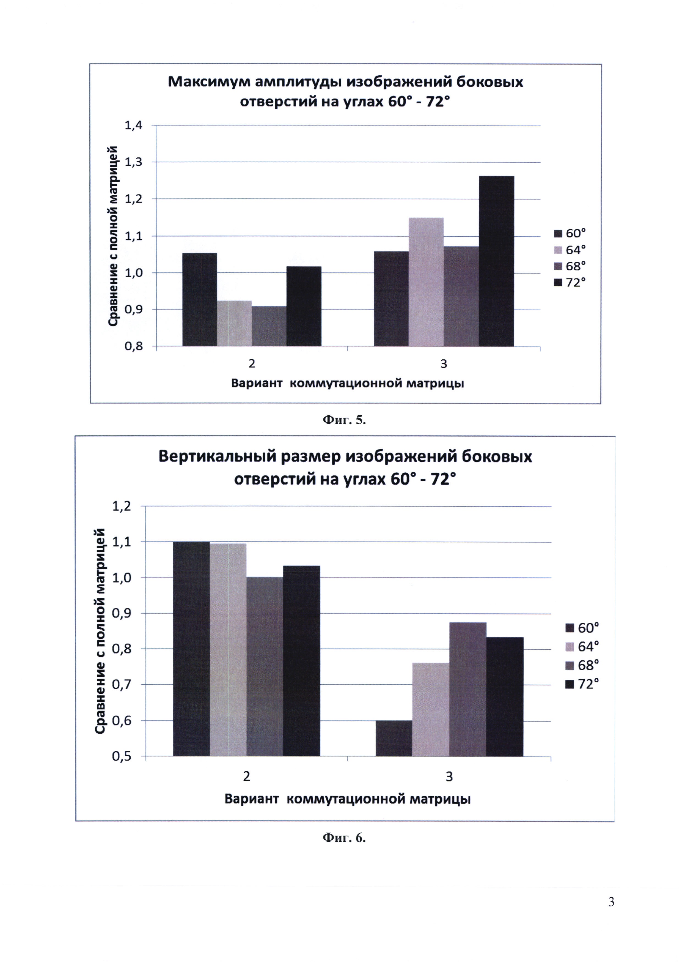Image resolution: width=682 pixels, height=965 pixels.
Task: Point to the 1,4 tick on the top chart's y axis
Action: [134, 125]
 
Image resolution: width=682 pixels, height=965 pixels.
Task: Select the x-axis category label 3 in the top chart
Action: [444, 364]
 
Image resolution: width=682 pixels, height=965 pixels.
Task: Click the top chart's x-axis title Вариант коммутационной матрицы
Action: [347, 383]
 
